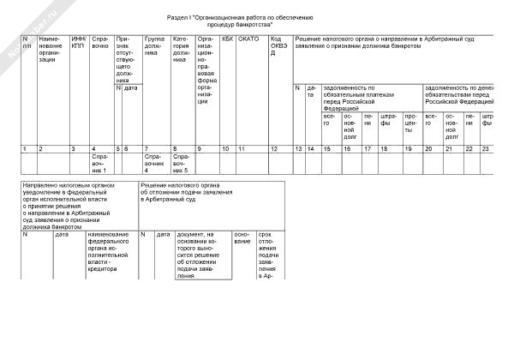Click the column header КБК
tap(227, 39)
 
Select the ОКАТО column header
tap(248, 39)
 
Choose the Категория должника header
tap(182, 49)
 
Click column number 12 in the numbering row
tap(274, 149)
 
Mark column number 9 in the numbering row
tap(200, 149)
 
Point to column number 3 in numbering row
tap(74, 149)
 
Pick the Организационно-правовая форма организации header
tap(208, 69)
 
